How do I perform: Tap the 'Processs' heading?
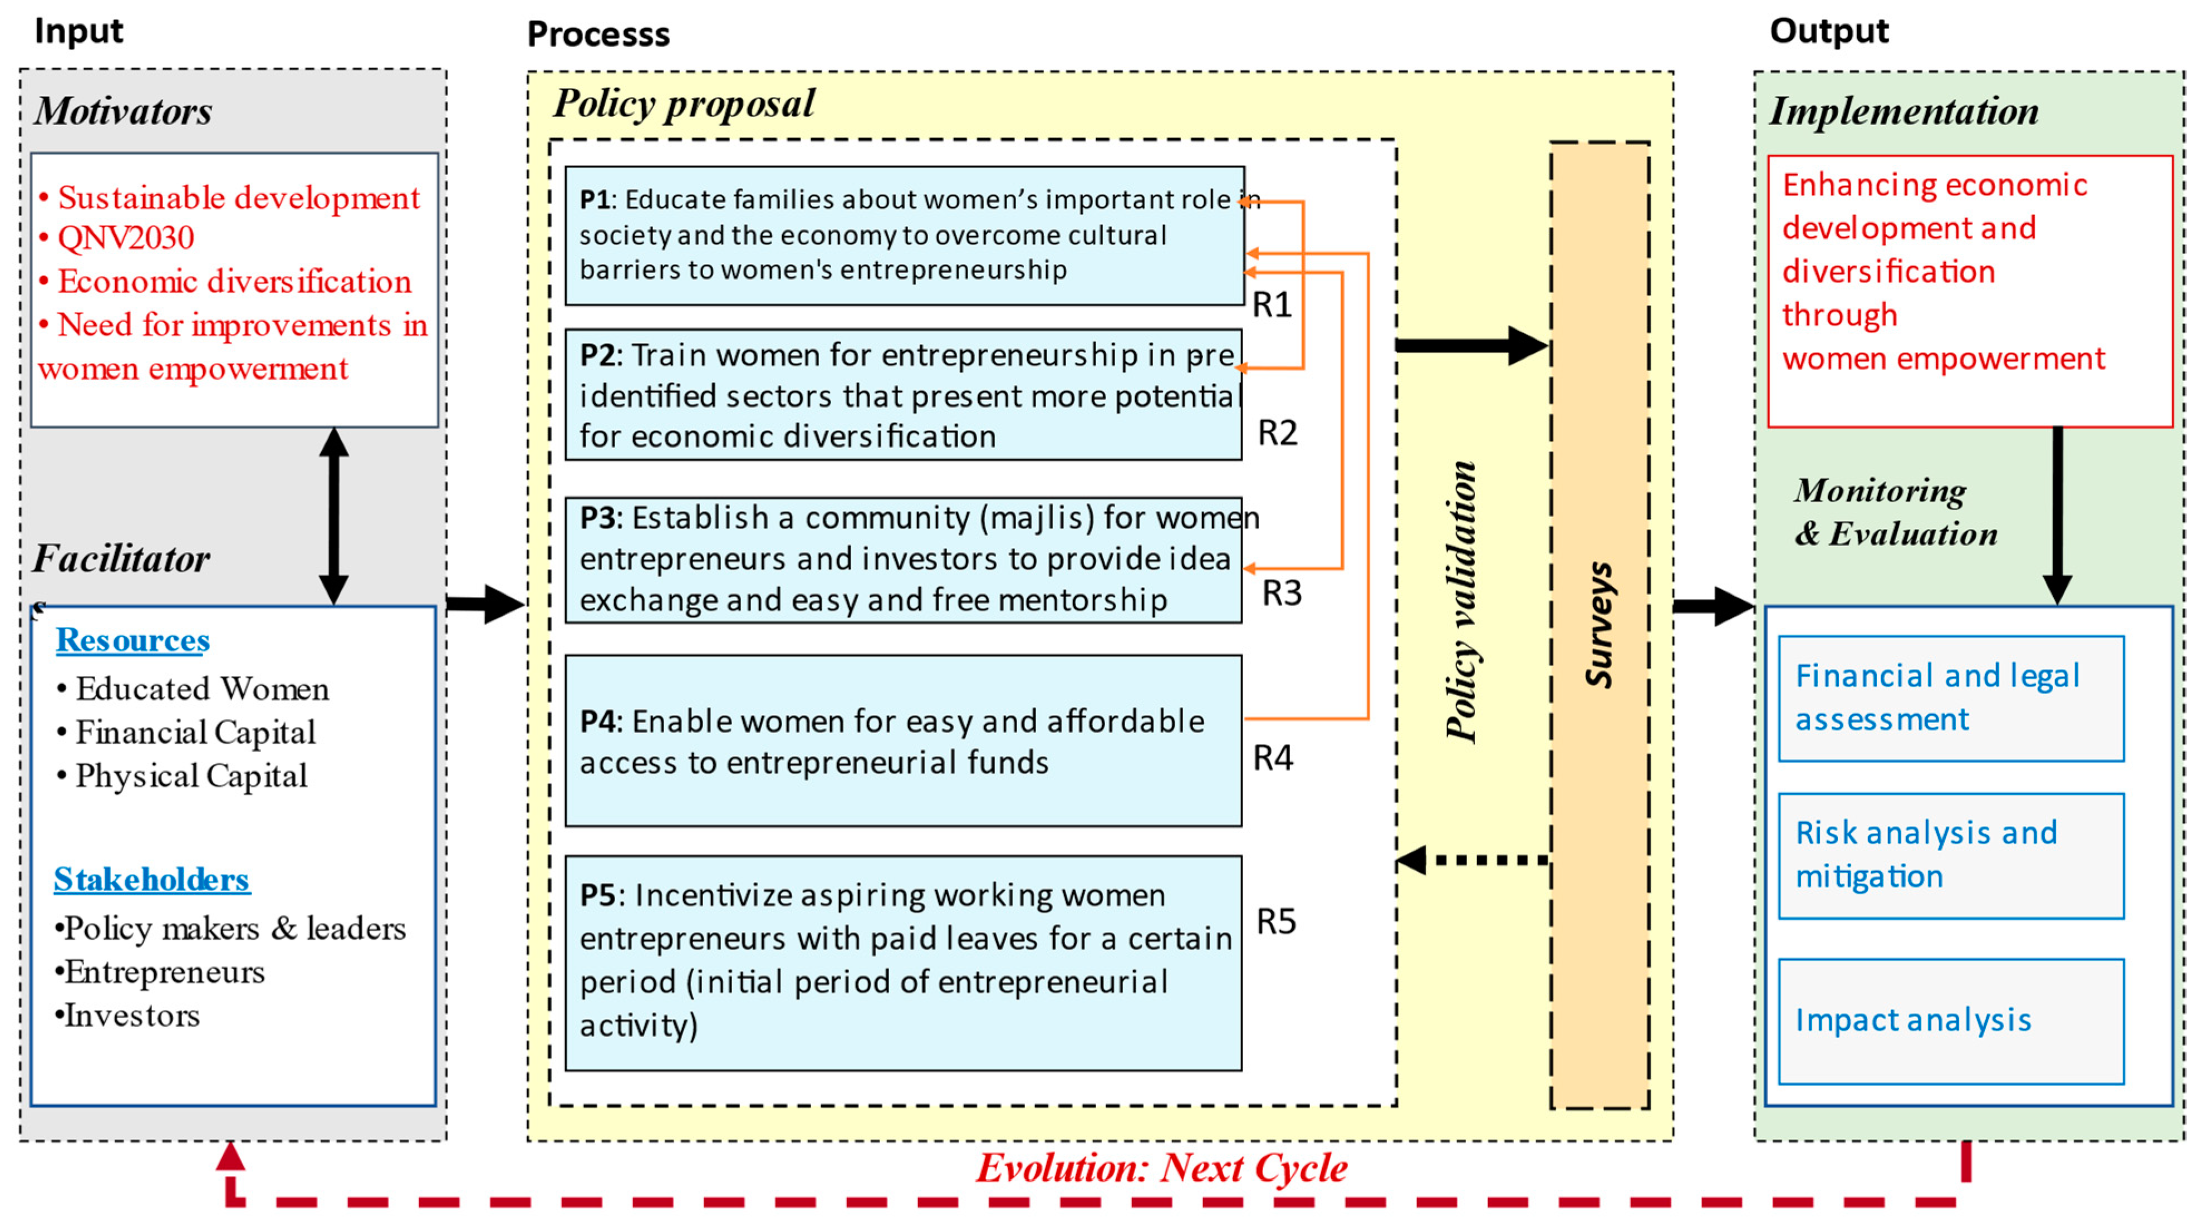click(x=598, y=34)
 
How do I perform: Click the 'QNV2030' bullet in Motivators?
click(x=126, y=238)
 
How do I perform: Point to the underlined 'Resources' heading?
click(x=133, y=640)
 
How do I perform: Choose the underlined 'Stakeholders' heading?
click(x=151, y=879)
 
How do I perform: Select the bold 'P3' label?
click(x=598, y=517)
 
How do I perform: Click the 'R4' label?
click(x=1273, y=758)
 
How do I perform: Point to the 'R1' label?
click(x=1272, y=305)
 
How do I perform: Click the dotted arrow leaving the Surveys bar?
click(x=1475, y=860)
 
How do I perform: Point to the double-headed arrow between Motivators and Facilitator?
click(x=333, y=517)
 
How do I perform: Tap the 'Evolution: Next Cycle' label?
click(x=1161, y=1168)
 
